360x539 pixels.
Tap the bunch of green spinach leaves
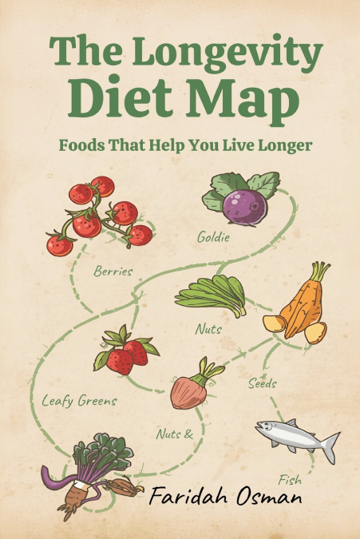click(211, 295)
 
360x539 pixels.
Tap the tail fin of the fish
click(329, 445)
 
